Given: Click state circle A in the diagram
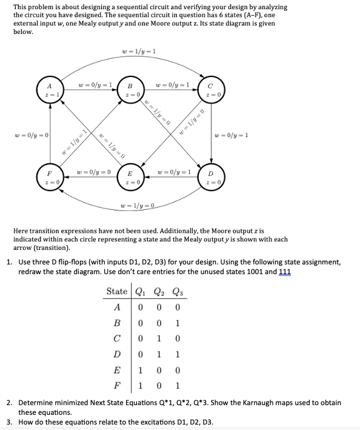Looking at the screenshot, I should point(48,91).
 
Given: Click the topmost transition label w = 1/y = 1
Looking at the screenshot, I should point(139,51).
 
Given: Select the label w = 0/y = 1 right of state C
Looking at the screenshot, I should point(233,134).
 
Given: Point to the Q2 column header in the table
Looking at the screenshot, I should point(160,291).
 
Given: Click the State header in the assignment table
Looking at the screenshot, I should point(117,291).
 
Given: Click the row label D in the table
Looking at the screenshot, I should point(117,354).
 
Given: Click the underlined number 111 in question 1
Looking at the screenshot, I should point(285,272).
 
